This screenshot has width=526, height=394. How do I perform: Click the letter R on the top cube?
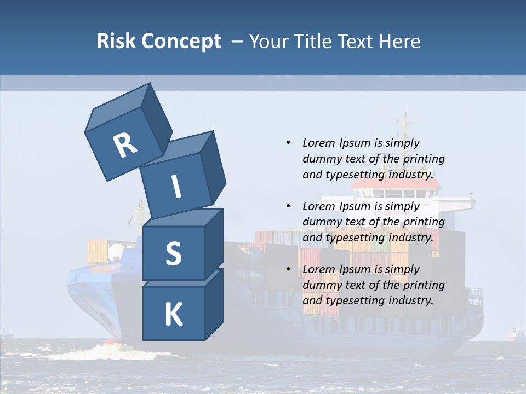point(125,145)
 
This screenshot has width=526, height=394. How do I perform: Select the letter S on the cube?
point(173,253)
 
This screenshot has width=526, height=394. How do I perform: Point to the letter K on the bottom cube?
point(173,315)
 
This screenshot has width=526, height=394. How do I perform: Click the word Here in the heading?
point(398,41)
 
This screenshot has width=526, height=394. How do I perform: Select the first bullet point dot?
point(288,143)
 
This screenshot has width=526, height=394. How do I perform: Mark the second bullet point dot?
point(288,206)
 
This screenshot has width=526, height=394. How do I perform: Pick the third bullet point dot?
point(288,269)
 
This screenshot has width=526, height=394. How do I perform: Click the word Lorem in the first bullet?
point(319,143)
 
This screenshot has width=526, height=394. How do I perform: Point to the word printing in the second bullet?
point(424,222)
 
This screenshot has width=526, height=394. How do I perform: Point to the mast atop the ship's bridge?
point(404,131)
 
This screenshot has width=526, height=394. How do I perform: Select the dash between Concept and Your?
point(237,41)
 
